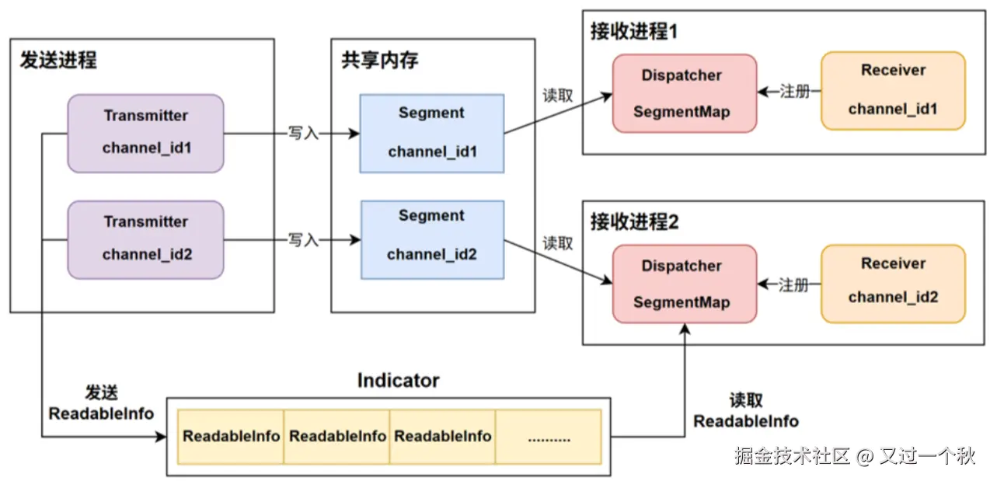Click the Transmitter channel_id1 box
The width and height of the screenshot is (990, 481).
(x=145, y=133)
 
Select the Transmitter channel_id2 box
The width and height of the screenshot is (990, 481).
(x=145, y=239)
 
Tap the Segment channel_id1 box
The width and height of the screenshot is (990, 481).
(x=431, y=133)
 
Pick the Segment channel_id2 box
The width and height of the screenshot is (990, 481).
(x=431, y=239)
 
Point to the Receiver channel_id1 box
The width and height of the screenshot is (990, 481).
(x=893, y=90)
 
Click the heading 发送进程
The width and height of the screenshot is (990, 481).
(x=58, y=61)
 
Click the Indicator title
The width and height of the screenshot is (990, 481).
(x=398, y=381)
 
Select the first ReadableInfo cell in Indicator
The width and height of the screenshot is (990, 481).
(x=231, y=437)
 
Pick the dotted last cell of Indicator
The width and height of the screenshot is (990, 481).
(x=549, y=437)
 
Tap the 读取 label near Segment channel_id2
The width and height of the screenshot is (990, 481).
(x=558, y=243)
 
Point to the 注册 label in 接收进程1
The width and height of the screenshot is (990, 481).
(x=793, y=92)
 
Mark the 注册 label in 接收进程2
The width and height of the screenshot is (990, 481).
(x=793, y=285)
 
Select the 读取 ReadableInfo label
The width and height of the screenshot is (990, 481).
(x=745, y=411)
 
